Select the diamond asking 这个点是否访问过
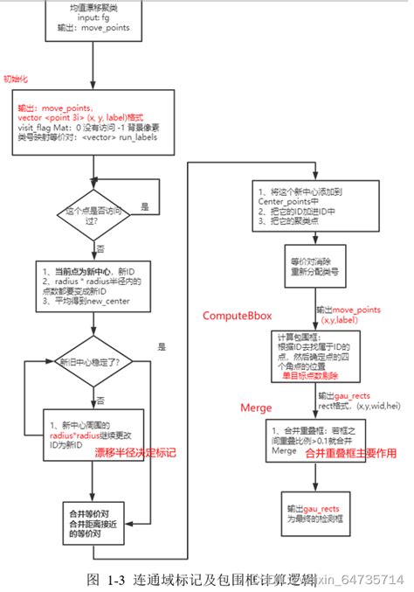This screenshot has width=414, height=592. (x=91, y=212)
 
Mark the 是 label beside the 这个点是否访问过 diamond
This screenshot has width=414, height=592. (x=145, y=207)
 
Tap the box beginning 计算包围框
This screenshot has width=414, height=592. (x=318, y=354)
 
